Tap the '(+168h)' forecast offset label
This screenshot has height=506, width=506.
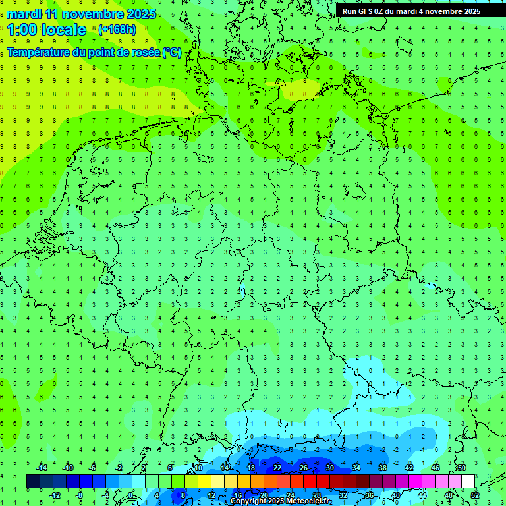pos(117,30)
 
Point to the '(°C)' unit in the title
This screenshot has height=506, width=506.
pos(173,52)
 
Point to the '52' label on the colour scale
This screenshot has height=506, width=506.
pos(475,495)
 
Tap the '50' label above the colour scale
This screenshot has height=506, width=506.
pos(462,468)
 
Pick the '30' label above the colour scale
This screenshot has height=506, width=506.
pos(330,468)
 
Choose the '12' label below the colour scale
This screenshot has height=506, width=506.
pos(211,495)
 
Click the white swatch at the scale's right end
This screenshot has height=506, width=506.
pos(468,482)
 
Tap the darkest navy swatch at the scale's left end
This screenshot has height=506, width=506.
pos(33,482)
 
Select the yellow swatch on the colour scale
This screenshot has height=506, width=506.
pos(205,482)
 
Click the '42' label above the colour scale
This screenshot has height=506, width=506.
pos(409,468)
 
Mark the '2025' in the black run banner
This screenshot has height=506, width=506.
pos(470,11)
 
